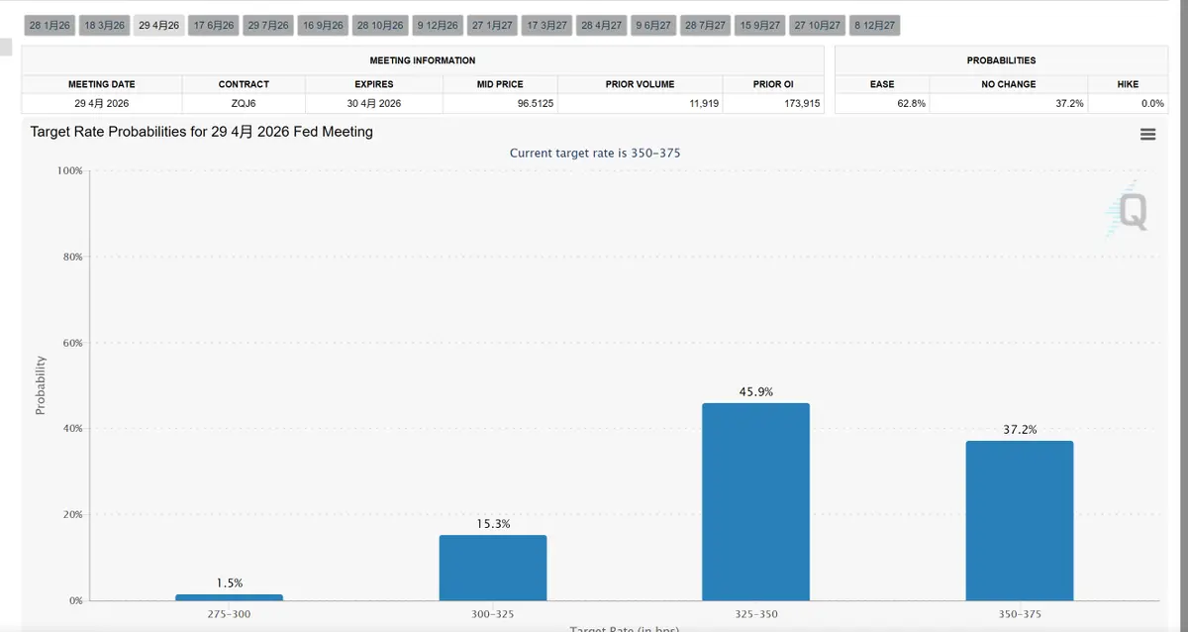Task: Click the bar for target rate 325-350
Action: [755, 501]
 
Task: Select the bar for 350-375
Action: [1019, 520]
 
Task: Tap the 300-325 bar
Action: [492, 568]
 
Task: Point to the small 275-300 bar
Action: [229, 597]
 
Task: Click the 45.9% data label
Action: [755, 392]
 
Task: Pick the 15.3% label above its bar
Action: [492, 524]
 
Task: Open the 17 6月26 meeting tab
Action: [214, 25]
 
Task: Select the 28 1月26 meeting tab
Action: [49, 25]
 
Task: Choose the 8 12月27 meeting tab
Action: [875, 25]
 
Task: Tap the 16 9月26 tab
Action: [324, 25]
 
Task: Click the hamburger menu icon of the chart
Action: [1147, 135]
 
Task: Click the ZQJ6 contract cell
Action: [244, 103]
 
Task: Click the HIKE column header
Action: [1128, 84]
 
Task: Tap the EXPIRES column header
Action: [374, 84]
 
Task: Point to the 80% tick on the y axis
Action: [70, 257]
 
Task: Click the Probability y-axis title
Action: [41, 385]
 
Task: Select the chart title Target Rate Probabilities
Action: [201, 131]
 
